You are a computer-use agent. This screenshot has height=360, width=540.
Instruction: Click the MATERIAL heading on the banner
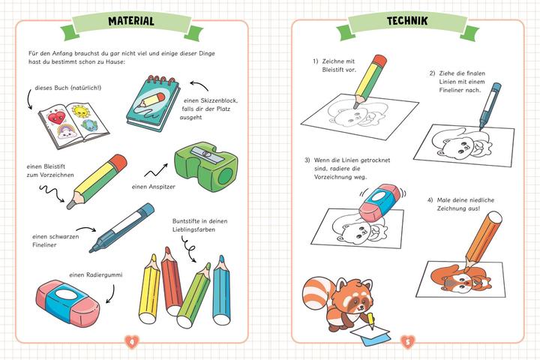[131, 21]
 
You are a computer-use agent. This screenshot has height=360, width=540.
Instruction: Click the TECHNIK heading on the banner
[407, 21]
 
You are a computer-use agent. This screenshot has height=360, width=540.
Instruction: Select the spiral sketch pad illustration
[154, 103]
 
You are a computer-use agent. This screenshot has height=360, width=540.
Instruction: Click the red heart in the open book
[56, 118]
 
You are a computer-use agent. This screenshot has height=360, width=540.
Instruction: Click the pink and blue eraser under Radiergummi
[67, 302]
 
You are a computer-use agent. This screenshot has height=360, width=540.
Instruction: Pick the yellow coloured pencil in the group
[150, 289]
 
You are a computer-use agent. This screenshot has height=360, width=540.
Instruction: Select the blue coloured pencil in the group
[221, 290]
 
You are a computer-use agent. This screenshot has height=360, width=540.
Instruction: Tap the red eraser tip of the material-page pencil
[119, 161]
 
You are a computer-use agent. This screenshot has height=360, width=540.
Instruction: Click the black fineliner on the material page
[121, 228]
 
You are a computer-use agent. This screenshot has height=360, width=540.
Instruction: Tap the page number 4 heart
[131, 342]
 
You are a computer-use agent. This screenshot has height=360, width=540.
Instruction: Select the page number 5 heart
[408, 342]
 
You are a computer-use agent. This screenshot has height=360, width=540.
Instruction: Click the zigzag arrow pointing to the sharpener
[156, 170]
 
